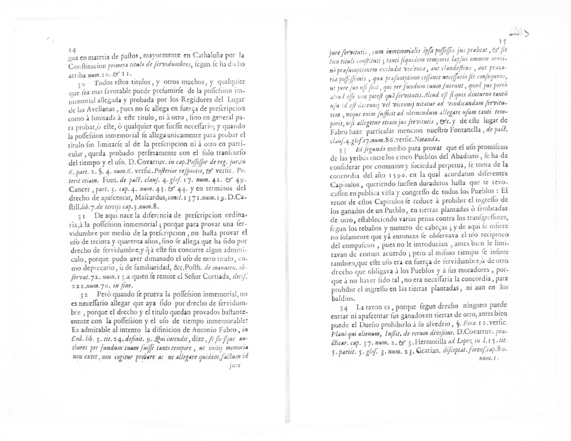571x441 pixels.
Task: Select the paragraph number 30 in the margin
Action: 81,84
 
